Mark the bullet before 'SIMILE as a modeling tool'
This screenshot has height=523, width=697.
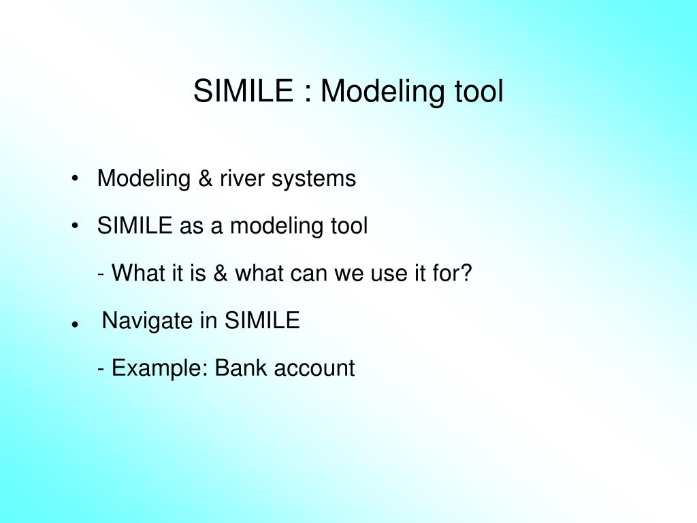click(74, 227)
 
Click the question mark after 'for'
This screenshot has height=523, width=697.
click(466, 273)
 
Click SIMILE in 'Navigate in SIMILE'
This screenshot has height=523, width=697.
click(262, 321)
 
